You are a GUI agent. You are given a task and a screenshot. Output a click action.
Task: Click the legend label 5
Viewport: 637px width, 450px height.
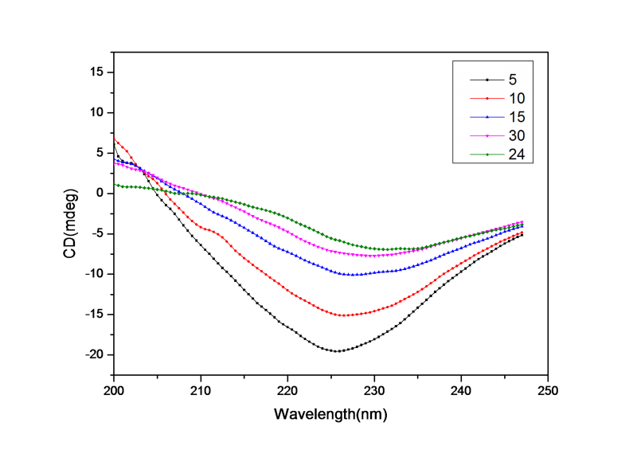[x=513, y=80]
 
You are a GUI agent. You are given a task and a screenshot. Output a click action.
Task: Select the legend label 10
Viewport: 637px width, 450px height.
[x=516, y=98]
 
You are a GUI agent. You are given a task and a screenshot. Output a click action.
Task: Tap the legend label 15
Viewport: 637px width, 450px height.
[x=516, y=117]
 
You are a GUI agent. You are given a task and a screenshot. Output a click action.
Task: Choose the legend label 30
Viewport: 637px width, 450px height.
[x=516, y=135]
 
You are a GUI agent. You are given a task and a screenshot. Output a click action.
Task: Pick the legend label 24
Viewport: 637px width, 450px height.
[x=516, y=155]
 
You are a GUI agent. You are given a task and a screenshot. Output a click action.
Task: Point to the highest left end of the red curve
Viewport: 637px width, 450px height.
[x=115, y=139]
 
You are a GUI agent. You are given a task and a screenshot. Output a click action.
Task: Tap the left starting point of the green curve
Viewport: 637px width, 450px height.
[x=115, y=185]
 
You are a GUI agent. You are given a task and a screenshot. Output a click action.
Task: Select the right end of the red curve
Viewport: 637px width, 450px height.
[x=522, y=232]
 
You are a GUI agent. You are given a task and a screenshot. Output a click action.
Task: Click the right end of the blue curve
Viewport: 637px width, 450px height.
[x=522, y=225]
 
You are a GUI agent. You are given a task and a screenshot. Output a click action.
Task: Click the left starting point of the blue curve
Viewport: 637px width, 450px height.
[x=115, y=160]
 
